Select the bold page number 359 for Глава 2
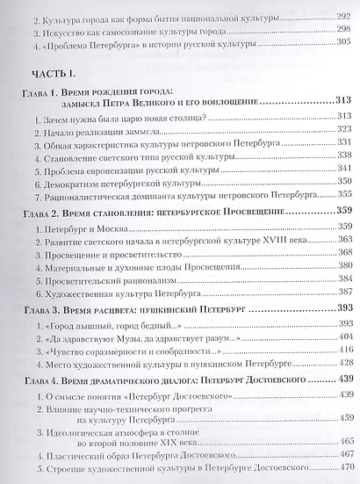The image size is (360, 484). coord(337,211)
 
